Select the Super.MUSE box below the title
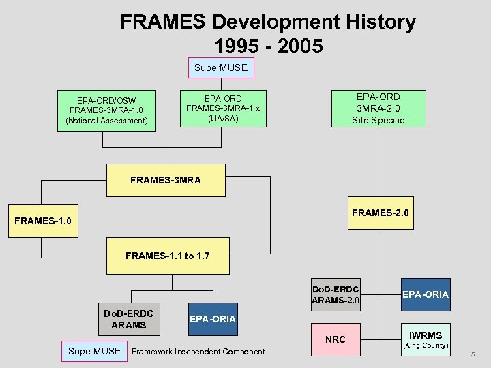(x=220, y=68)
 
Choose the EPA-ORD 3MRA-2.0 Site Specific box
(x=378, y=108)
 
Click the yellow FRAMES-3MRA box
(x=166, y=180)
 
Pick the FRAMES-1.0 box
(x=42, y=221)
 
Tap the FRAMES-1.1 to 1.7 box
(x=167, y=256)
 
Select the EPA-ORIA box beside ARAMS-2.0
(x=425, y=294)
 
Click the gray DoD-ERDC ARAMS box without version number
(x=129, y=319)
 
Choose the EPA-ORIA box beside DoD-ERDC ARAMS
(x=212, y=319)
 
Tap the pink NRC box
(x=336, y=339)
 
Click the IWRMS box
(x=425, y=335)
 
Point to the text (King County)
(x=425, y=346)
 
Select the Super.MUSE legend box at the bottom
(x=95, y=351)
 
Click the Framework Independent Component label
(x=198, y=352)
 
